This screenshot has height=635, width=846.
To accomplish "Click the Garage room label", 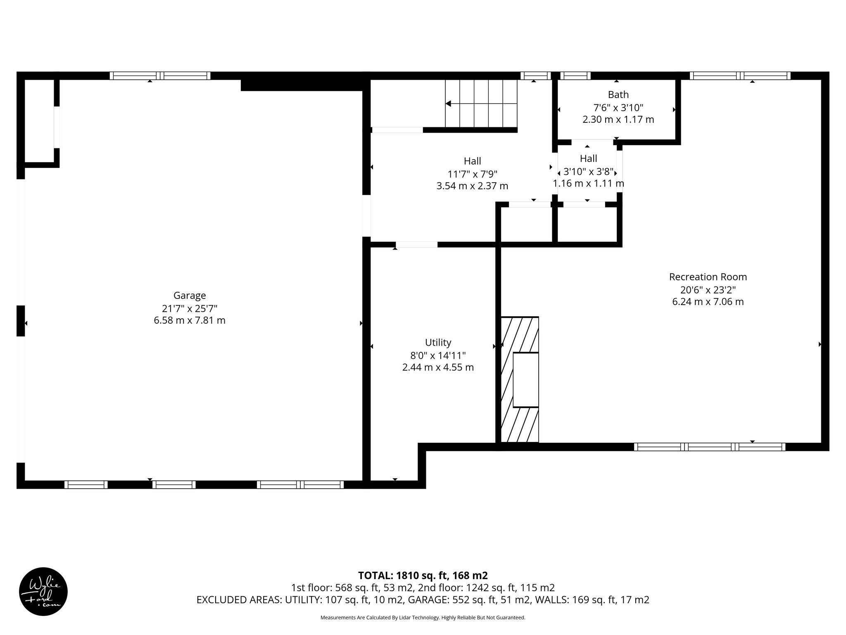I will tap(190, 296).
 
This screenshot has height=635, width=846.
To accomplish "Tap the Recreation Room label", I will tap(708, 277).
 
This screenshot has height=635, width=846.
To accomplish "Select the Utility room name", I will tap(438, 342).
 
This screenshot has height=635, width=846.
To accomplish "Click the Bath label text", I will tap(618, 95).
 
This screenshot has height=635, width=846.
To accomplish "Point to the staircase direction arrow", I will tap(449, 103).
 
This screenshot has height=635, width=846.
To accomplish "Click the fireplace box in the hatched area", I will tap(525, 380).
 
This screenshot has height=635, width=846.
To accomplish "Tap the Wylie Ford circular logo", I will tap(43, 592).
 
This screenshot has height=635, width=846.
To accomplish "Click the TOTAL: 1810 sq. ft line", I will tap(423, 575).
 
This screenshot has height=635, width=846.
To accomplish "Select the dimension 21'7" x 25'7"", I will tap(190, 308).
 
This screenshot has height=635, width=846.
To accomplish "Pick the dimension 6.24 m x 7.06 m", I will tap(708, 302).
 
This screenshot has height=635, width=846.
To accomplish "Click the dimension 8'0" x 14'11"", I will tap(438, 355).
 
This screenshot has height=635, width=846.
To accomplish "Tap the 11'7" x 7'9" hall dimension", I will tap(472, 174).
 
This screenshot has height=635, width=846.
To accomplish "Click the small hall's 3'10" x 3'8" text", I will tap(588, 172).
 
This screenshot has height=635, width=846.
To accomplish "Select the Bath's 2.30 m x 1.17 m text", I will tap(618, 120).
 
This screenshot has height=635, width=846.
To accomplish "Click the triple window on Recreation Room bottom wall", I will tap(709, 446).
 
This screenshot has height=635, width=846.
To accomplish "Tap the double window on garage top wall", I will tap(160, 76).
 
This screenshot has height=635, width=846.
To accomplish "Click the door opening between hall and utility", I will tap(416, 244).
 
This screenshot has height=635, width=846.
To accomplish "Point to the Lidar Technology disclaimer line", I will tap(423, 618).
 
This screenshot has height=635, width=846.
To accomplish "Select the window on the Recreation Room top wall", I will tap(740, 76).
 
